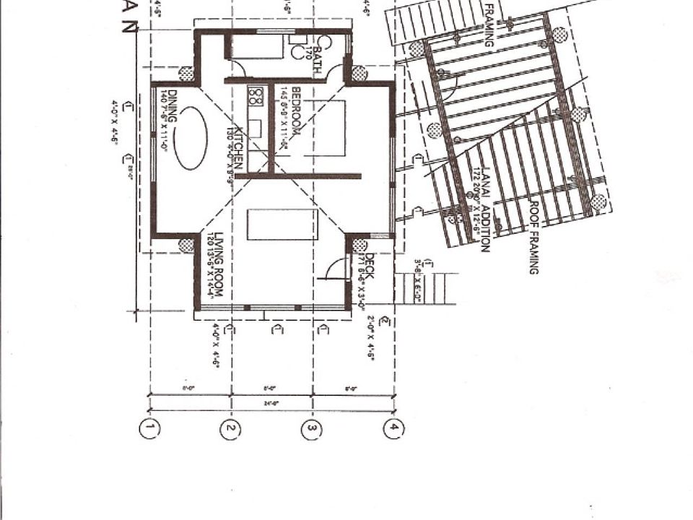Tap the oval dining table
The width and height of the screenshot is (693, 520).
pyautogui.click(x=191, y=138)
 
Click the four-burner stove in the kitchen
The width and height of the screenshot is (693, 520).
pyautogui.click(x=255, y=95)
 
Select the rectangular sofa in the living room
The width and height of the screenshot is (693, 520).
pyautogui.click(x=282, y=224)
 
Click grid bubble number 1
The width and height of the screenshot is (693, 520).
pyautogui.click(x=149, y=428)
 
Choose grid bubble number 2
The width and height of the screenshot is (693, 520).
pyautogui.click(x=230, y=428)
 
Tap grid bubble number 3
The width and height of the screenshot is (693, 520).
pyautogui.click(x=311, y=428)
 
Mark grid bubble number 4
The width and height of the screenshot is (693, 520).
pyautogui.click(x=393, y=428)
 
